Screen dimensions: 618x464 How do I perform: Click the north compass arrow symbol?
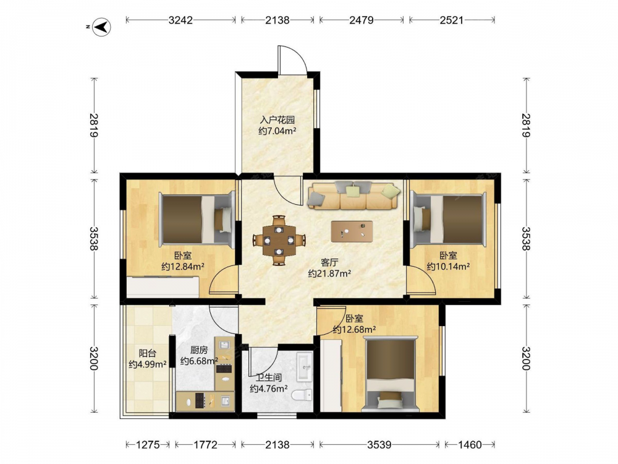pos(102,27)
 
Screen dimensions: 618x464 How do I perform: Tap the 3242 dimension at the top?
pos(180,20)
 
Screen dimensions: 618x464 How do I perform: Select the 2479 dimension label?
pos(362,20)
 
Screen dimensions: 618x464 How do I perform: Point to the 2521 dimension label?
pos(452,20)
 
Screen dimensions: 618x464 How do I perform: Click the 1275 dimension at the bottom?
pos(148,445)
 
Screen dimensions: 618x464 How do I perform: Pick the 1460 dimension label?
pos(470,445)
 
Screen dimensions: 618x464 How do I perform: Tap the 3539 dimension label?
pos(379,445)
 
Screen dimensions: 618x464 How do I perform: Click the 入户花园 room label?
pos(277,119)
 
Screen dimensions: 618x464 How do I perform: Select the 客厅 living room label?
pos(329,262)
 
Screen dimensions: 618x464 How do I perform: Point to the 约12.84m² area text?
pos(183,266)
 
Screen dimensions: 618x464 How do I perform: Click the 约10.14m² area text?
pos(448,266)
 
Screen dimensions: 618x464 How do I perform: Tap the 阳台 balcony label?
pos(148,353)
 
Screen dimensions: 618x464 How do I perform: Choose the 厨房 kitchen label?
pos(199,350)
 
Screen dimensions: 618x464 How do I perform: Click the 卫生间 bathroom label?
pos(268,377)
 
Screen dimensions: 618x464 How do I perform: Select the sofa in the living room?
pos(353,195)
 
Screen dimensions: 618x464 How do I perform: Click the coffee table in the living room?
pos(352,231)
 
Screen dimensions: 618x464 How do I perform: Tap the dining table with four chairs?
pos(279,240)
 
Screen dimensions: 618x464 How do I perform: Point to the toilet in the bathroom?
pos(302,394)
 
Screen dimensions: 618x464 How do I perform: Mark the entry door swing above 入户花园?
pos(292,59)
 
